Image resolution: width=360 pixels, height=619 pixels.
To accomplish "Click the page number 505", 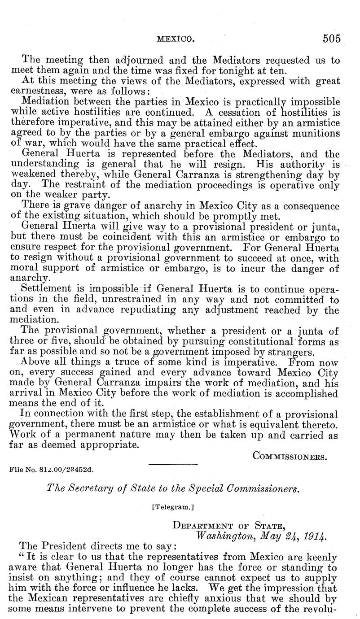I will pyautogui.click(x=331, y=39).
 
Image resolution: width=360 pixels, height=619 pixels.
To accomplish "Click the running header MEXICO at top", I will pyautogui.click(x=175, y=39).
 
